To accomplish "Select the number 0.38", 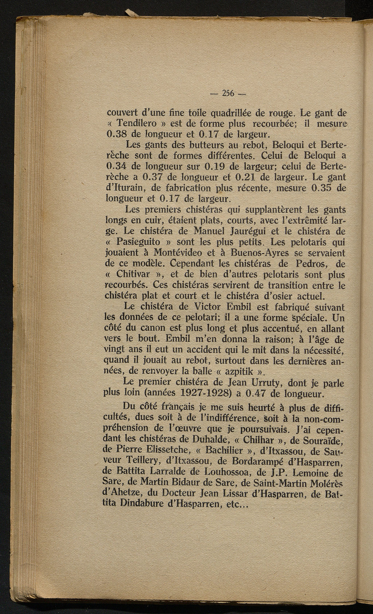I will click(x=116, y=134).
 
